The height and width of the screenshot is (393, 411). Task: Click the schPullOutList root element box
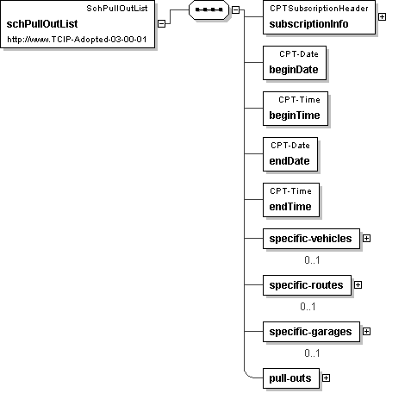pyautogui.click(x=78, y=24)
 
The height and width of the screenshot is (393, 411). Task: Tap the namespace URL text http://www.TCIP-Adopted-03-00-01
pyautogui.click(x=77, y=40)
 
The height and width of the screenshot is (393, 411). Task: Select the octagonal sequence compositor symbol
pyautogui.click(x=209, y=9)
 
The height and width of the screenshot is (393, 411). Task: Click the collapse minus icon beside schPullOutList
pyautogui.click(x=162, y=23)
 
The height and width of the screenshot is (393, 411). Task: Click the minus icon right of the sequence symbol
pyautogui.click(x=235, y=9)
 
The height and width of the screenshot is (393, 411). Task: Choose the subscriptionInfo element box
pyautogui.click(x=319, y=17)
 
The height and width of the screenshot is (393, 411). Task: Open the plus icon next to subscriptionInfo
pyautogui.click(x=382, y=17)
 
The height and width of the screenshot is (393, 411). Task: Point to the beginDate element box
pyautogui.click(x=295, y=63)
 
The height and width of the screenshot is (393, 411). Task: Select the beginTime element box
pyautogui.click(x=296, y=109)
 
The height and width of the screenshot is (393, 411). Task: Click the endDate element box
pyautogui.click(x=290, y=154)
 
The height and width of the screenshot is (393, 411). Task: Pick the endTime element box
pyautogui.click(x=291, y=200)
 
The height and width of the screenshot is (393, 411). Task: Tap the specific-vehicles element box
pyautogui.click(x=311, y=239)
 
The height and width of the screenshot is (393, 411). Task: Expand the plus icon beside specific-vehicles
pyautogui.click(x=366, y=239)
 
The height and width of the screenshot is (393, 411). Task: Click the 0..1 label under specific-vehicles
pyautogui.click(x=312, y=260)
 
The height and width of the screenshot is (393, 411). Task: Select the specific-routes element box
pyautogui.click(x=307, y=285)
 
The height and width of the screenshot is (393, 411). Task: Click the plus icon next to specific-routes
pyautogui.click(x=358, y=285)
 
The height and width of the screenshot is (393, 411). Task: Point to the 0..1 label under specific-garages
pyautogui.click(x=312, y=353)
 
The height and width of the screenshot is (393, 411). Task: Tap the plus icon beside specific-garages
pyautogui.click(x=366, y=332)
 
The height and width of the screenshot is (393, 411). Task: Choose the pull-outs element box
pyautogui.click(x=291, y=378)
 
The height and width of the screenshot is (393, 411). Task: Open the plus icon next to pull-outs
pyautogui.click(x=326, y=378)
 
